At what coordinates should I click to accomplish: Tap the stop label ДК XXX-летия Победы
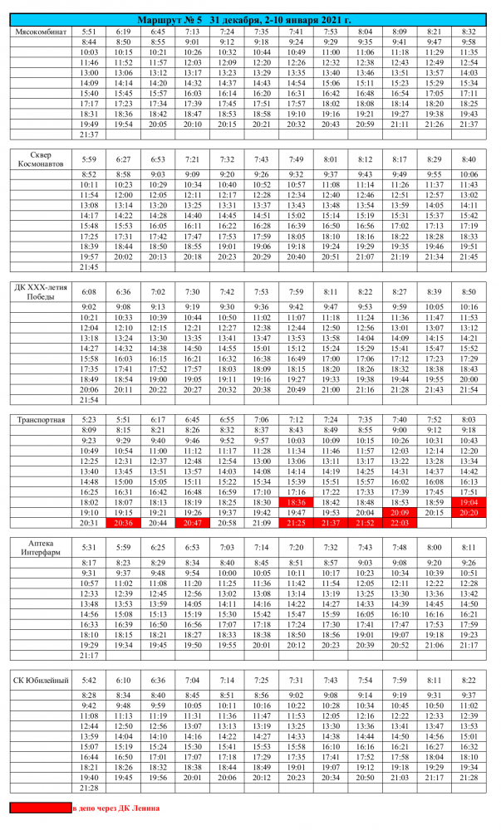tap(44, 292)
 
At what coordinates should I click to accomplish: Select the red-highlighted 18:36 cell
tap(295, 502)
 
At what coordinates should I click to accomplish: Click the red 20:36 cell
tap(122, 523)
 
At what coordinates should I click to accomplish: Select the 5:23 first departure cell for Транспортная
tap(89, 420)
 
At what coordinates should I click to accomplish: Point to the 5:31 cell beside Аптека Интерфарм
tap(89, 547)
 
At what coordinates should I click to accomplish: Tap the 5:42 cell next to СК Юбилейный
tap(89, 680)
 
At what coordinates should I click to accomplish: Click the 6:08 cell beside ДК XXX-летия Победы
tap(89, 292)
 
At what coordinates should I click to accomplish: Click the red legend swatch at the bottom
tap(40, 807)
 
